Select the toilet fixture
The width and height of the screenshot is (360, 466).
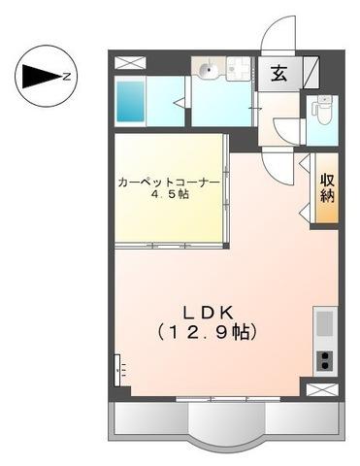click(321, 117)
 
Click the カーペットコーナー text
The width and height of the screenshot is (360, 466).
click(167, 181)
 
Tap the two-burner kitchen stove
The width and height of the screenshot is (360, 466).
click(324, 359)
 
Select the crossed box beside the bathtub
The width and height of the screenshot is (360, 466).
click(130, 62)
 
